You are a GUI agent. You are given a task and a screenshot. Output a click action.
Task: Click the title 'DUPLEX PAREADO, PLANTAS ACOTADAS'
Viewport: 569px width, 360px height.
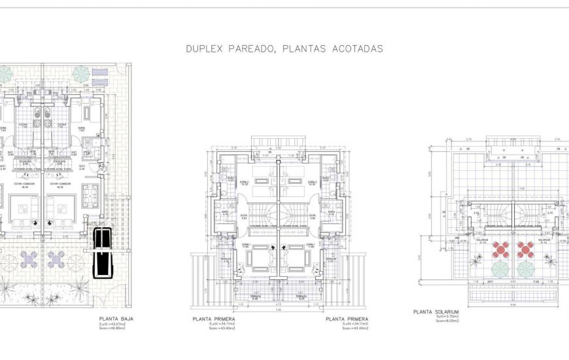pos(284,48)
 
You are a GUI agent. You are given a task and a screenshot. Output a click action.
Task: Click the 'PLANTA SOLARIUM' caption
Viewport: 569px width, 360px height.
pos(436,312)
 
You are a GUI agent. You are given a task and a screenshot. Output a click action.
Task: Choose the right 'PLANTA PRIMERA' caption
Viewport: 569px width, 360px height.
pos(347,319)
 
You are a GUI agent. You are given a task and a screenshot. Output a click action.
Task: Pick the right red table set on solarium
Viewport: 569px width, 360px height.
pos(525,249)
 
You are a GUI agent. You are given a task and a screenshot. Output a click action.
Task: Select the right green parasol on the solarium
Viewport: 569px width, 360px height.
pos(526,268)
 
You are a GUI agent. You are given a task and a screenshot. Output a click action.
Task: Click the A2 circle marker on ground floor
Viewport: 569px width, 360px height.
pos(101,167)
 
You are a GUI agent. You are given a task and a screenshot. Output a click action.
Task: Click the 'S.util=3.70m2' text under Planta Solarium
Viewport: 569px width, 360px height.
pos(447,317)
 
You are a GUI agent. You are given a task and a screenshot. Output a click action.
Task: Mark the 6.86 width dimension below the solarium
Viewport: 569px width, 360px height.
pos(513,304)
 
